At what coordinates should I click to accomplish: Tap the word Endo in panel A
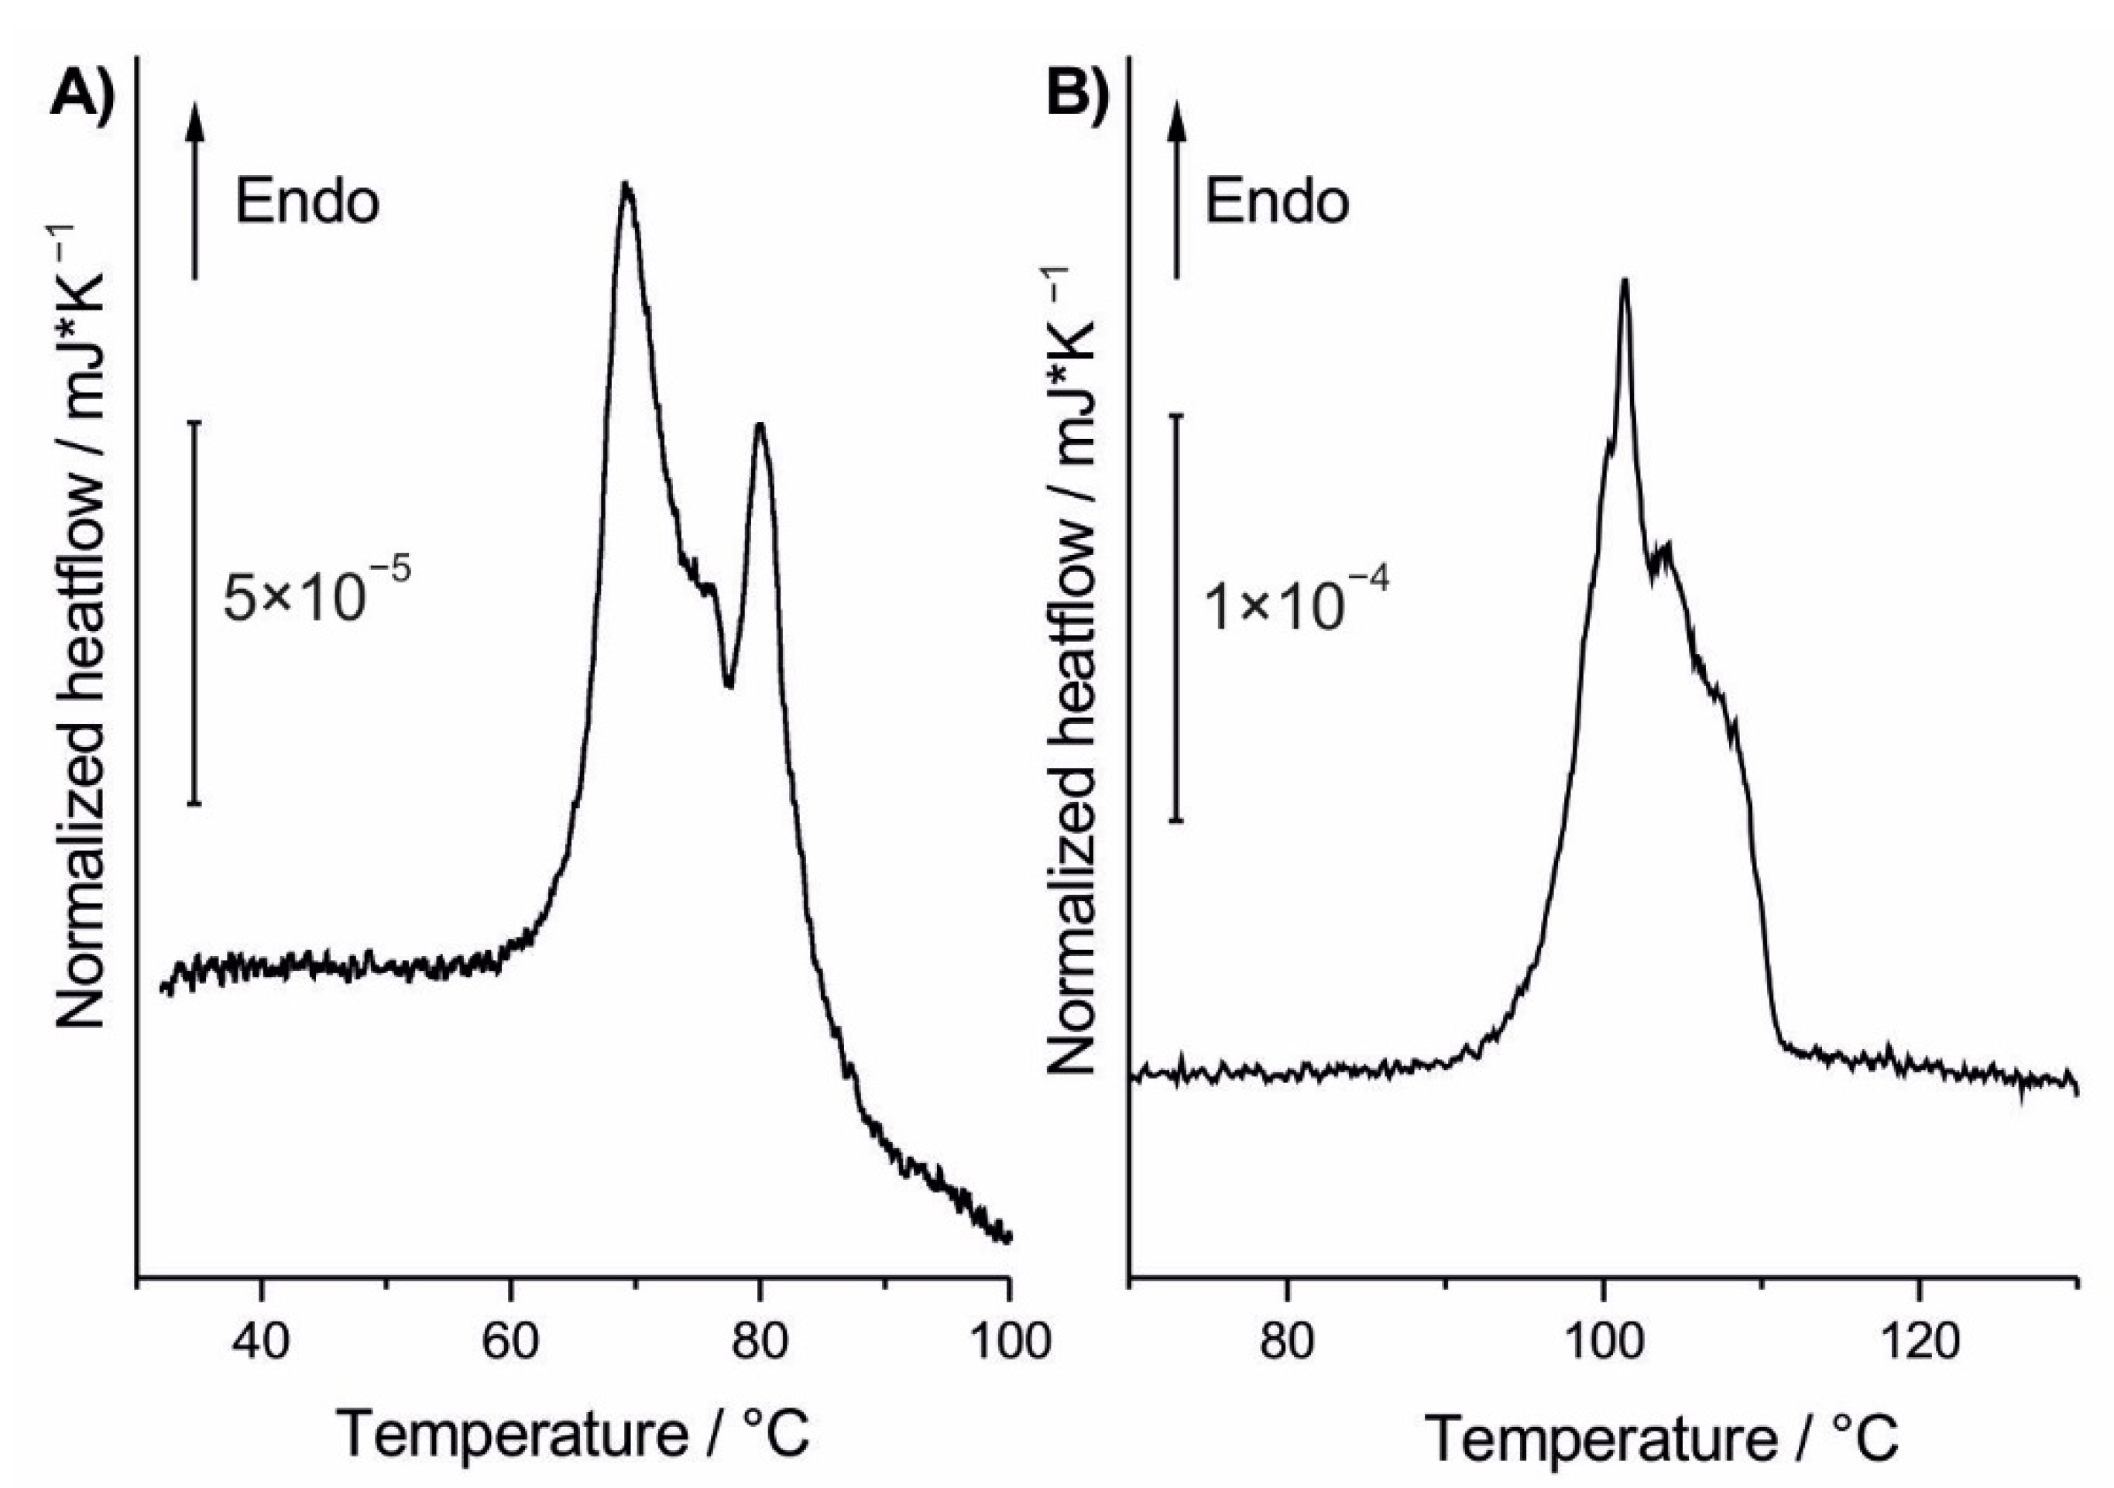tap(307, 201)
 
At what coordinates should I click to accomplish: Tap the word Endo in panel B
tap(1277, 201)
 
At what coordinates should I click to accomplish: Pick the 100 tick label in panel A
tap(1009, 1342)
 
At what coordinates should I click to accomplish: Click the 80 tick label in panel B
tap(1287, 1342)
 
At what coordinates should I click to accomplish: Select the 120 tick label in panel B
tap(1919, 1342)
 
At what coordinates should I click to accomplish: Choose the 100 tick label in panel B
tap(1603, 1342)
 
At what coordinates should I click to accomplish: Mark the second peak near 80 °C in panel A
tap(760, 427)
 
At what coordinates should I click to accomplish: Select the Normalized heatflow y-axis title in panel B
tap(1072, 672)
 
